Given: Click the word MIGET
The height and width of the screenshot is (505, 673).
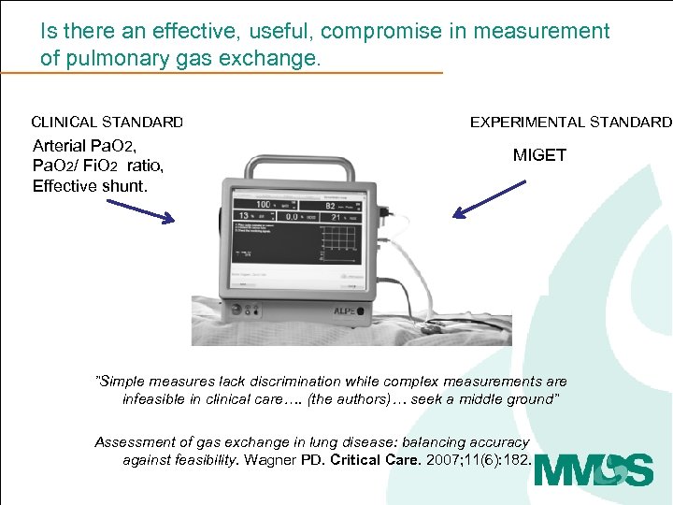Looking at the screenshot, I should (539, 155).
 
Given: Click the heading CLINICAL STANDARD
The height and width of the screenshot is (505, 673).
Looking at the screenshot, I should (107, 122).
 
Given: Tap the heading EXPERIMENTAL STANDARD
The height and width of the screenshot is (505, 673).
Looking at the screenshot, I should (570, 122).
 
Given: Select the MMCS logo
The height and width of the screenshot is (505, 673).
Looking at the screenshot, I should (594, 469).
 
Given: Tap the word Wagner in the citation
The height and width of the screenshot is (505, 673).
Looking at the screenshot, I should (269, 459).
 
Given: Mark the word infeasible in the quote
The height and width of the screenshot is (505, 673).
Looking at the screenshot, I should (156, 398).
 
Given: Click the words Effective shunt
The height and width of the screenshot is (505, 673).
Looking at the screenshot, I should (90, 185).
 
